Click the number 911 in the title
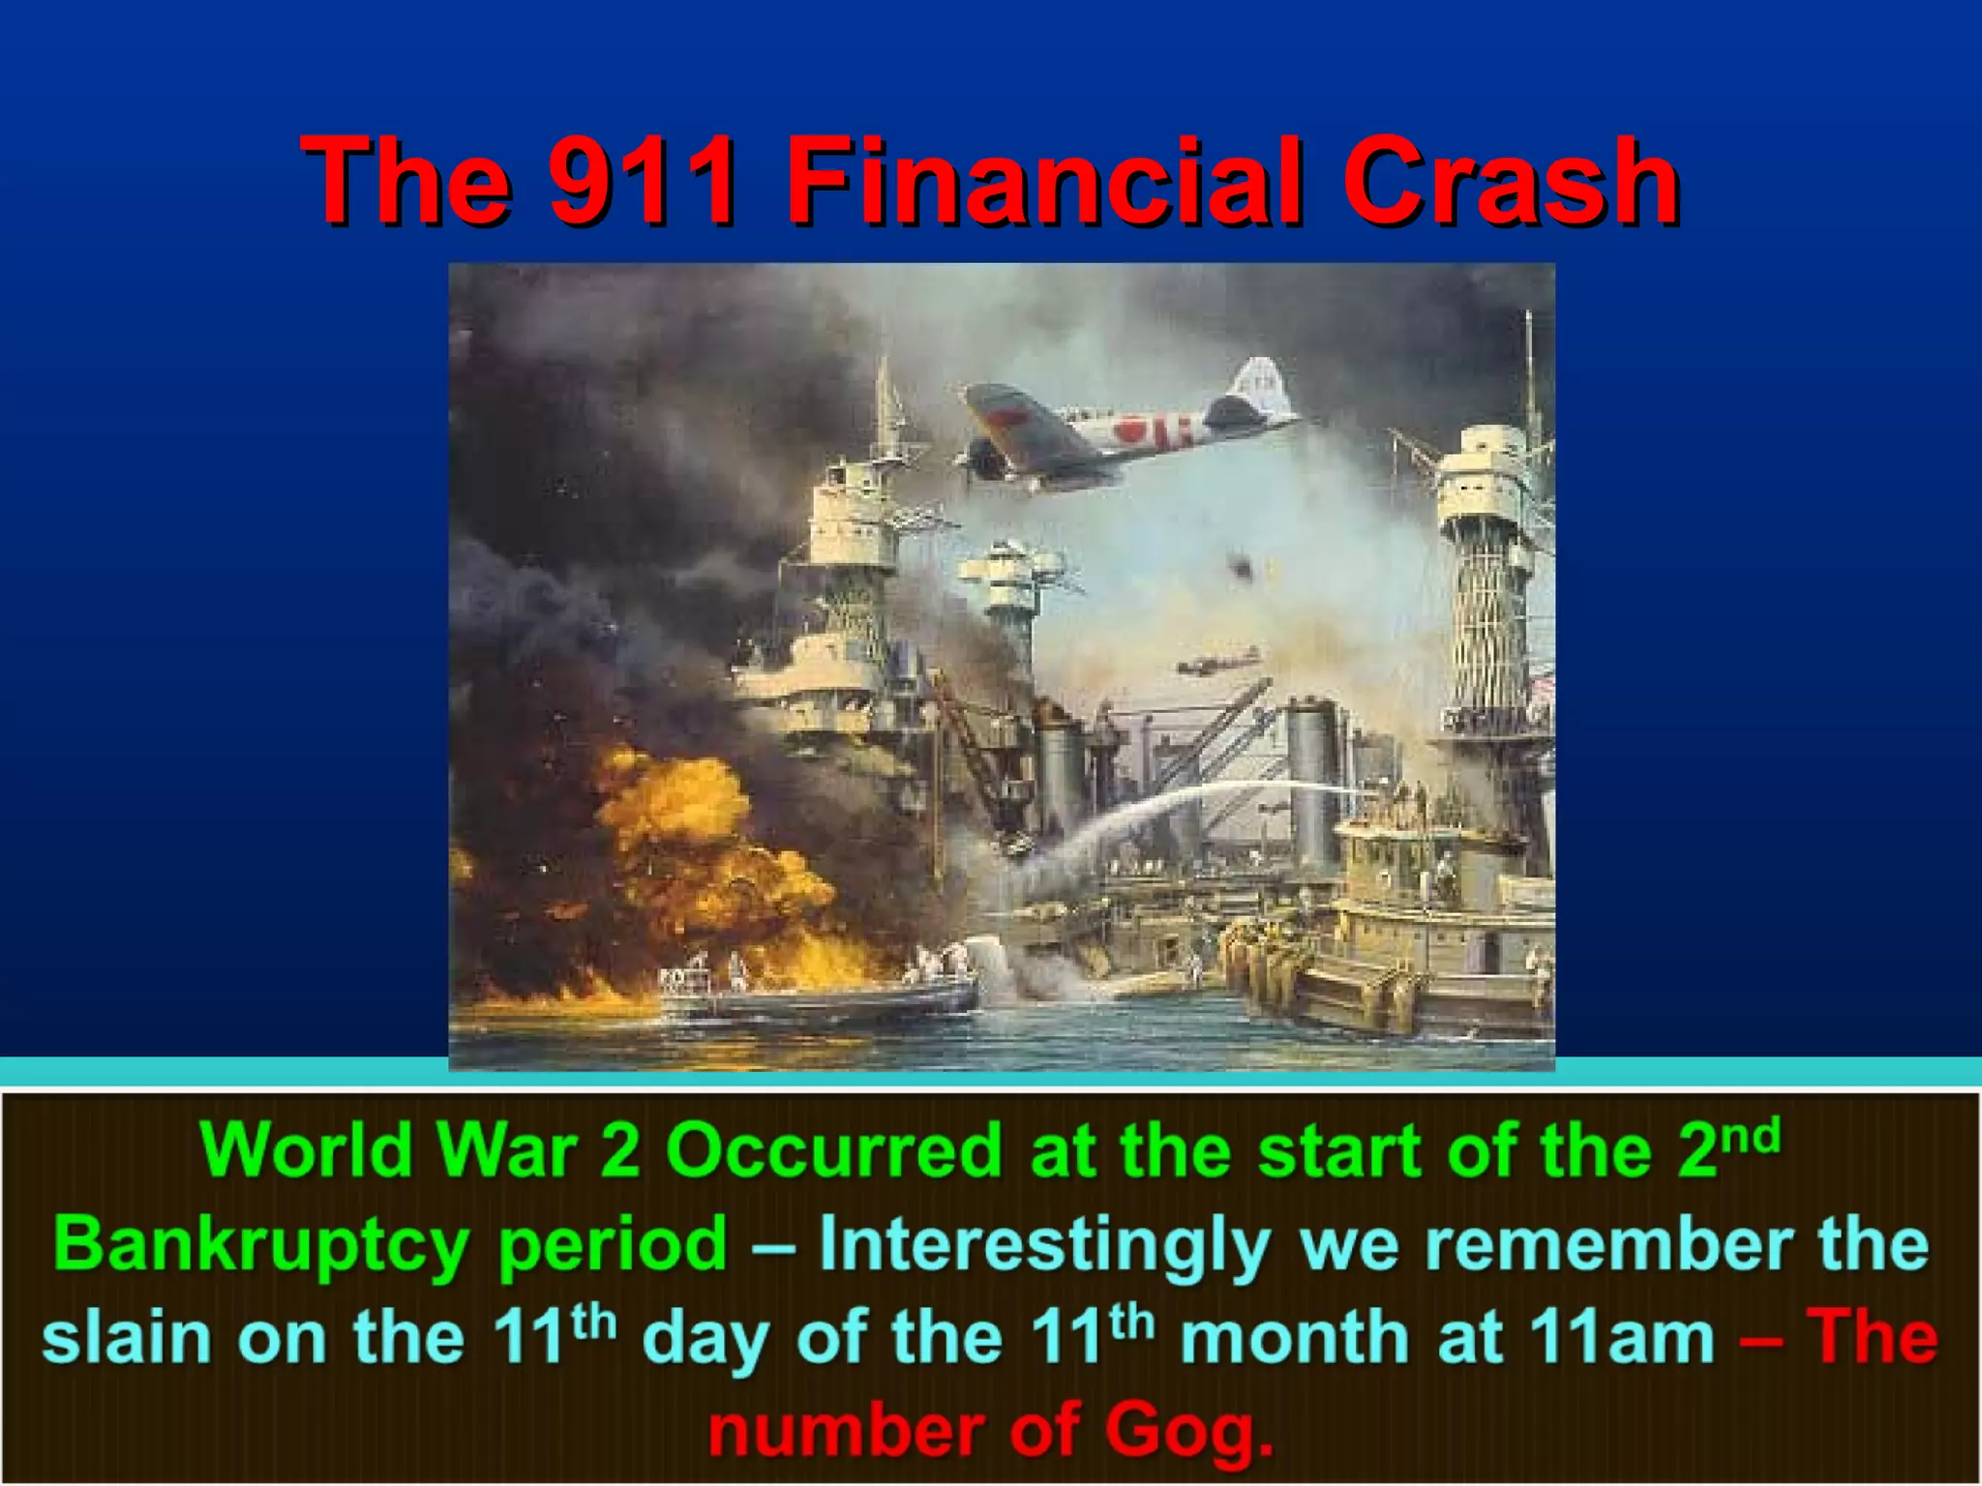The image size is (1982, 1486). [x=642, y=181]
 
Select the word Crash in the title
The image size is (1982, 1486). [x=1510, y=181]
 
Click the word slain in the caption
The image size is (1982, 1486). [x=126, y=1338]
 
